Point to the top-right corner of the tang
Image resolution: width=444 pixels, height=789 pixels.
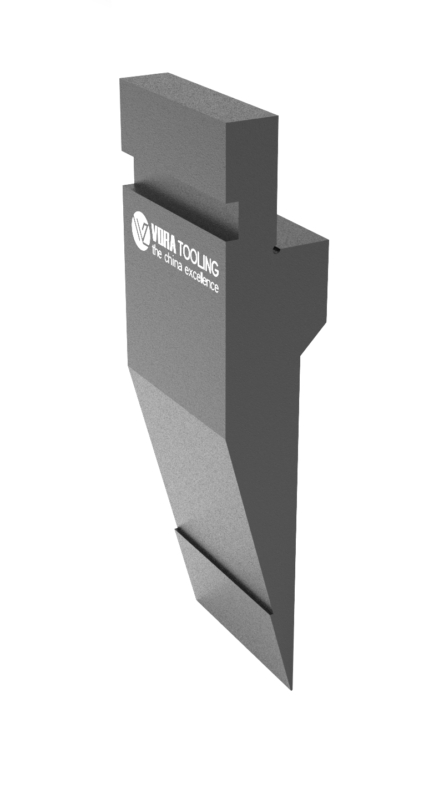[x=276, y=116]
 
